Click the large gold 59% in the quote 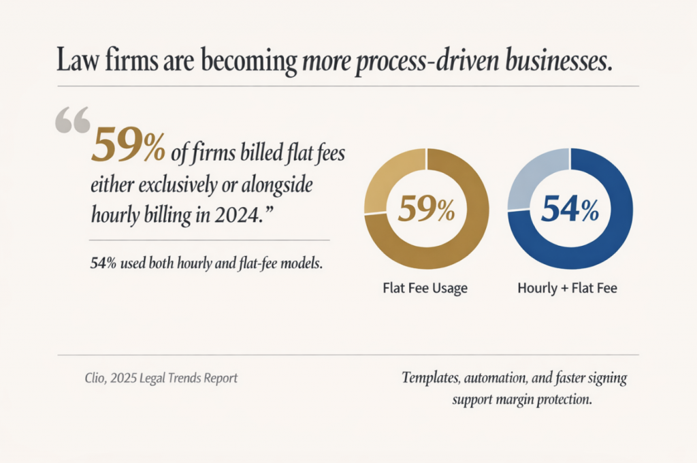click(x=127, y=144)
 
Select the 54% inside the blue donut click(x=570, y=210)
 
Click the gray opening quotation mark click(x=71, y=121)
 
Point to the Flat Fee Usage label click(x=425, y=288)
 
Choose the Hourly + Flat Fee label click(x=567, y=288)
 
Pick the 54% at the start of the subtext click(x=102, y=263)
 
